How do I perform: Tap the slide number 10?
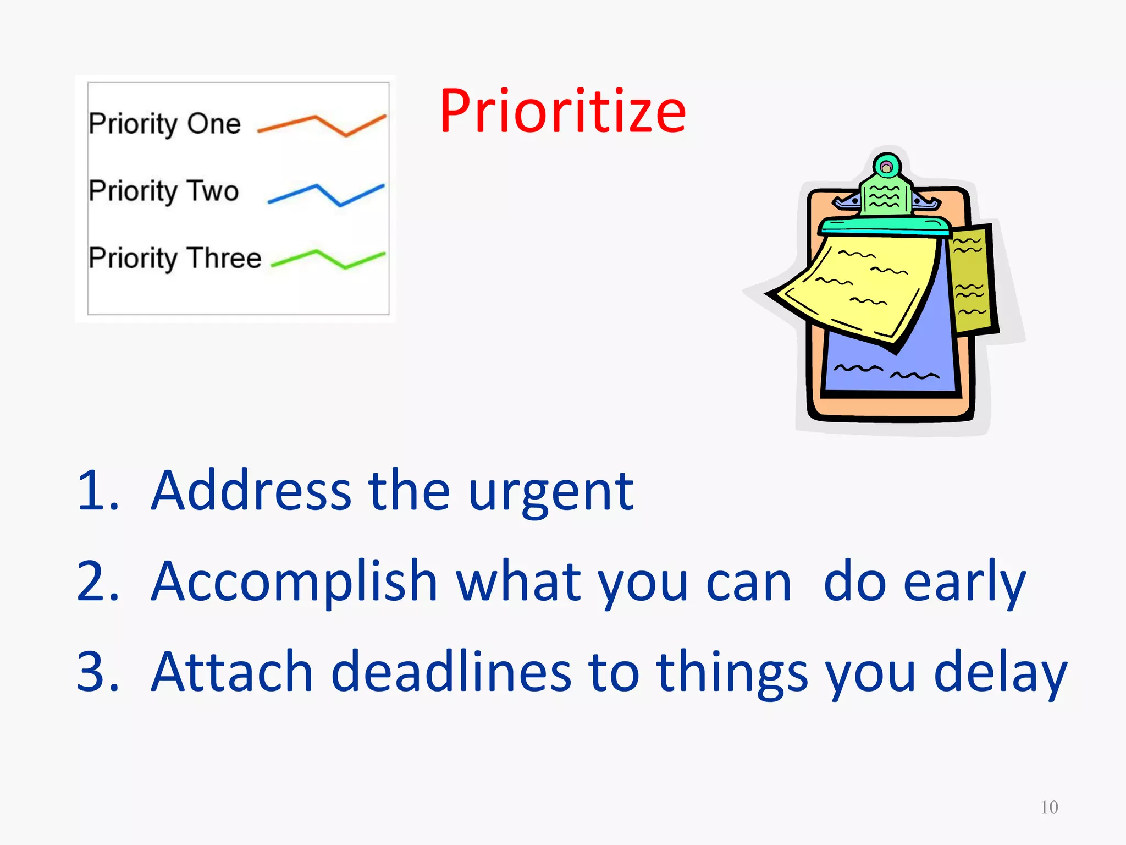pos(1049,807)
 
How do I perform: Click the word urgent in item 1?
pos(551,491)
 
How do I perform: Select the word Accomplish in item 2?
pos(294,582)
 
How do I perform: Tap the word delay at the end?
pos(1000,673)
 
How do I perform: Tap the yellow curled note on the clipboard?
pos(863,286)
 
